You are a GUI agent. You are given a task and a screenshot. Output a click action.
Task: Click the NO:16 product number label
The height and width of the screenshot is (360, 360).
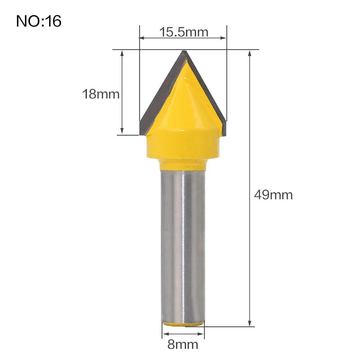pos(38,21)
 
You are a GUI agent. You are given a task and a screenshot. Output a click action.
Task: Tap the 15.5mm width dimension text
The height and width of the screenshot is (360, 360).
pos(184,32)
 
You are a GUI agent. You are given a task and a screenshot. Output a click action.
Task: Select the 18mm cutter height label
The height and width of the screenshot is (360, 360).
pos(101,94)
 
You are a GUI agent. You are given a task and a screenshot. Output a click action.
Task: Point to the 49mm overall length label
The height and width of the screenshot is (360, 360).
pos(273,195)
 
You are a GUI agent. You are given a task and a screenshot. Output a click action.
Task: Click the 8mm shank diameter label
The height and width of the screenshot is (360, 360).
pos(183,344)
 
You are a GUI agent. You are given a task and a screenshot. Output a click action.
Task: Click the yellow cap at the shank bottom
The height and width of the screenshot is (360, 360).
pos(183,324)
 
